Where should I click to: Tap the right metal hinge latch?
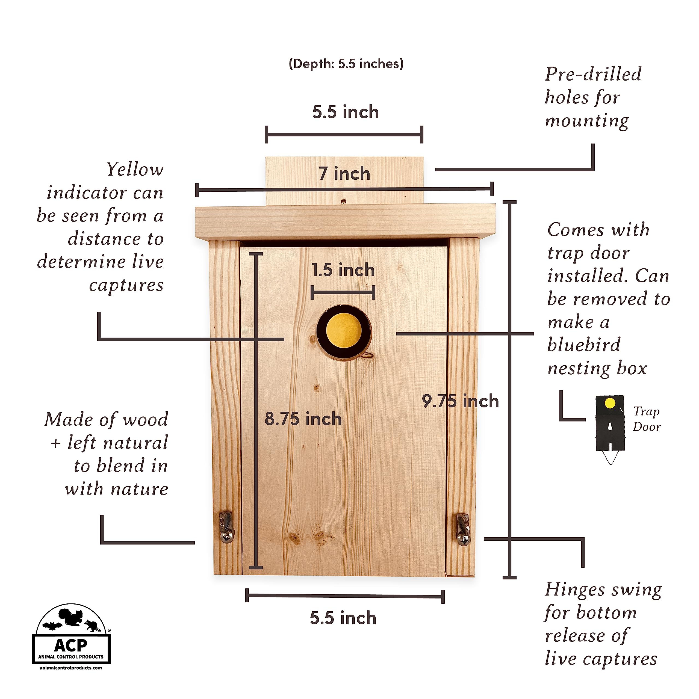pos(463,529)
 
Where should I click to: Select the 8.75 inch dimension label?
pos(303,419)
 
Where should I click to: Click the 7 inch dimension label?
pos(344,174)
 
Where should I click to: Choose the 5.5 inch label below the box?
pos(343,618)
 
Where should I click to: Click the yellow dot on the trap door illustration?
pos(610,403)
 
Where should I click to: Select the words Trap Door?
pos(647,419)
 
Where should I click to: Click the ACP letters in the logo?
pos(70,645)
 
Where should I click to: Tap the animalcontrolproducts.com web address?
pos(71,668)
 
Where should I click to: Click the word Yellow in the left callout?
pos(135,169)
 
